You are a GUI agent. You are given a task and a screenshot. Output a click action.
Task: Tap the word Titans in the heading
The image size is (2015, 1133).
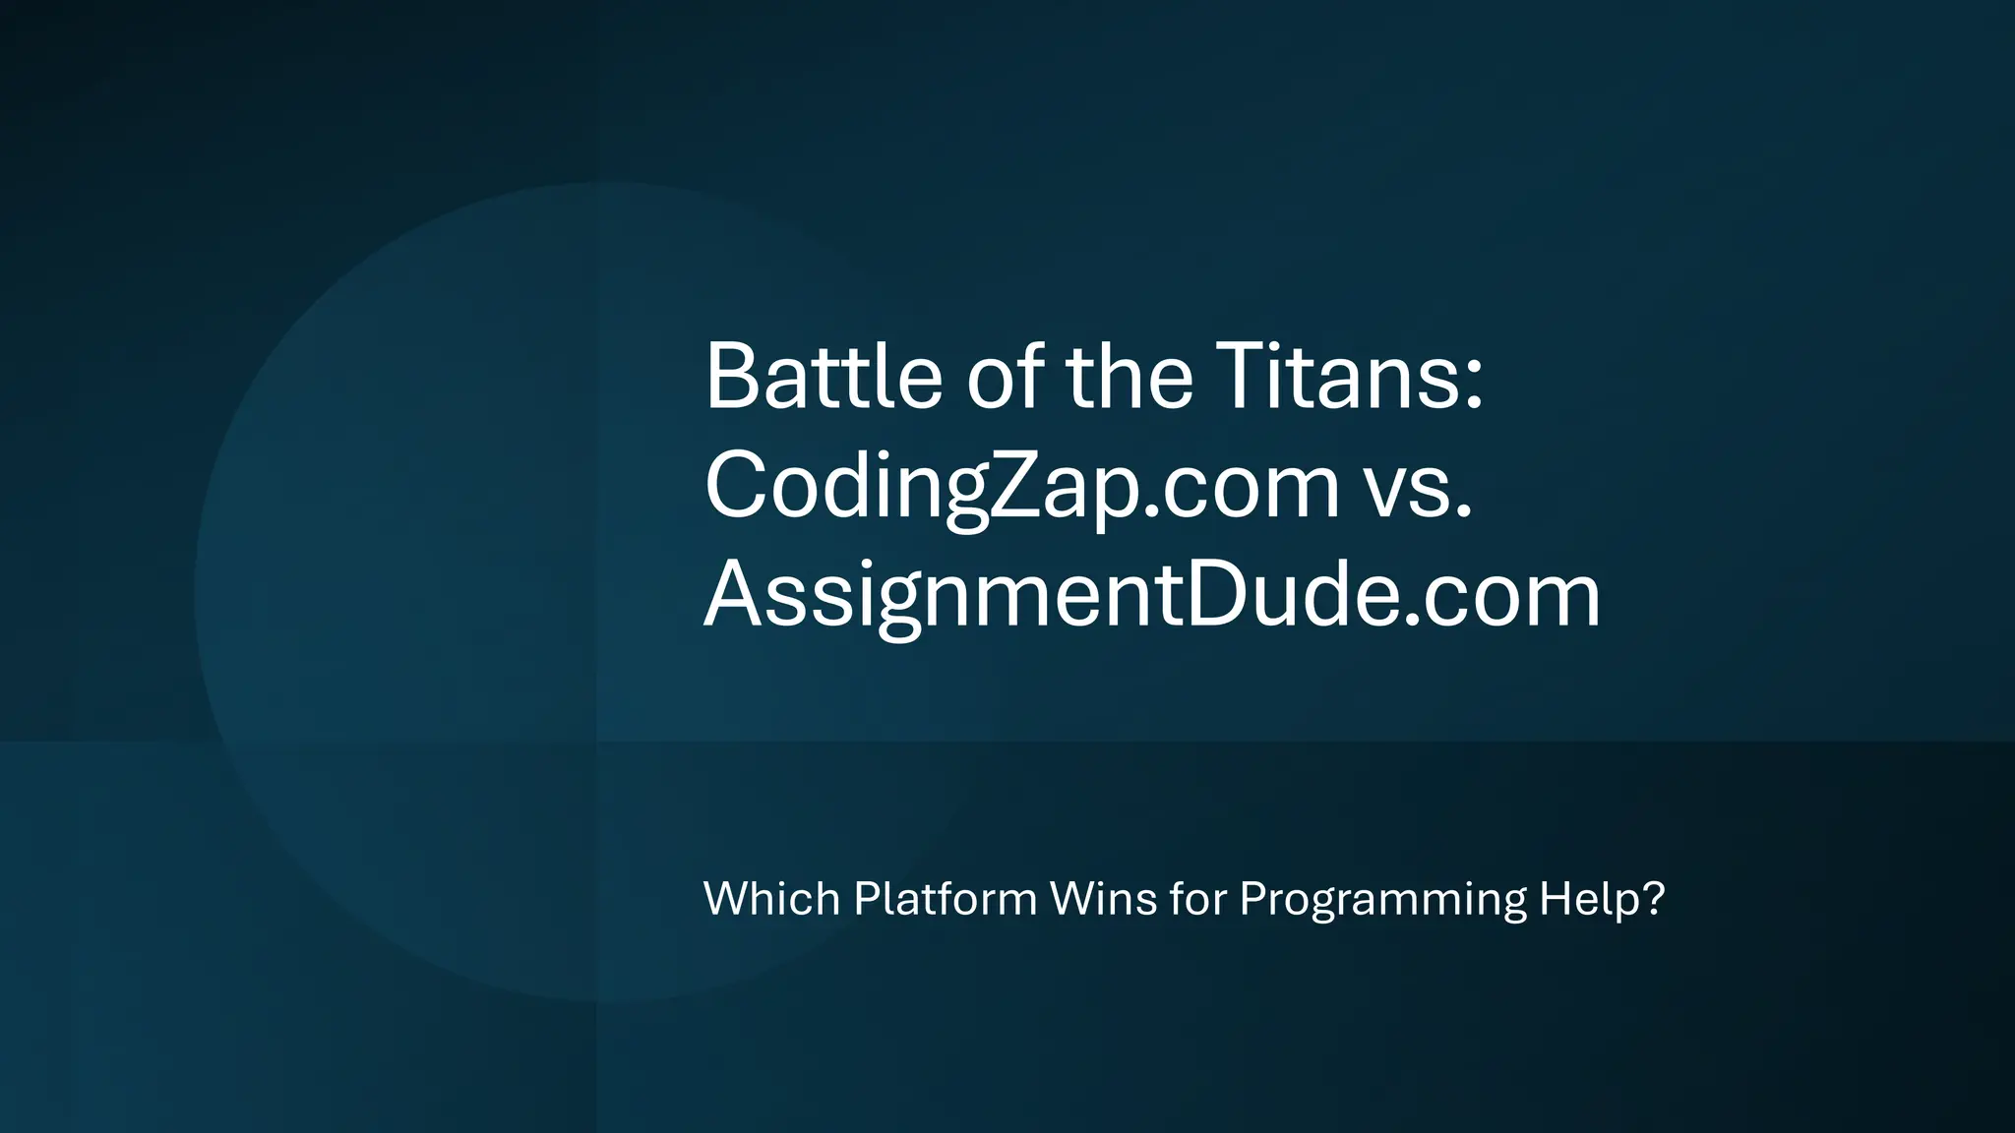1338,377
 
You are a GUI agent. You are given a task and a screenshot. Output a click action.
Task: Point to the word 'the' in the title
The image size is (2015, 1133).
1130,377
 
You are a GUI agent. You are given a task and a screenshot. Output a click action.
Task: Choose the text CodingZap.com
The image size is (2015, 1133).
1022,486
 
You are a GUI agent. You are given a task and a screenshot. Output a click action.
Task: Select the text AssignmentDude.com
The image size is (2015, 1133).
1152,595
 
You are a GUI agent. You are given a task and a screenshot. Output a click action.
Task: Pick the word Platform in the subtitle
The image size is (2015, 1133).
945,899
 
